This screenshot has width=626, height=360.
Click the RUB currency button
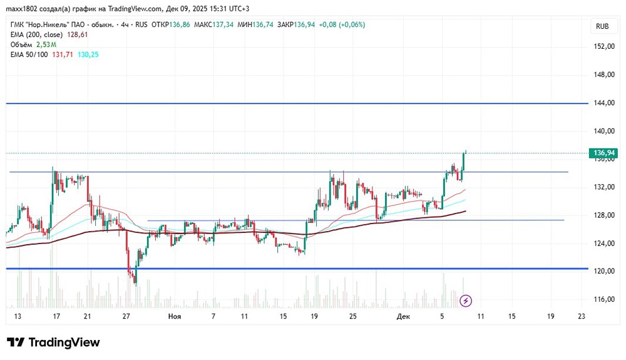(602, 26)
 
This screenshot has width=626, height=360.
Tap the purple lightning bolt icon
(466, 301)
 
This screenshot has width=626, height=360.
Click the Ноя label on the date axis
(175, 317)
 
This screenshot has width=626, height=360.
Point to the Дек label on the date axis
(404, 317)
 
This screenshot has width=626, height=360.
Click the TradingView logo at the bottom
(53, 342)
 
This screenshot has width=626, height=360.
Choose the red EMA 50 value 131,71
(61, 55)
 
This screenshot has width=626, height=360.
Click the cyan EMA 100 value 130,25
(86, 55)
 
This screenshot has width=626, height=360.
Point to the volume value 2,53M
(46, 45)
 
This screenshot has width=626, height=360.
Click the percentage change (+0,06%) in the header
(351, 24)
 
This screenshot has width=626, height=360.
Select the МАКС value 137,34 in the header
(221, 24)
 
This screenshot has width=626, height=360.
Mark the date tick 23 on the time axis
(582, 317)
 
